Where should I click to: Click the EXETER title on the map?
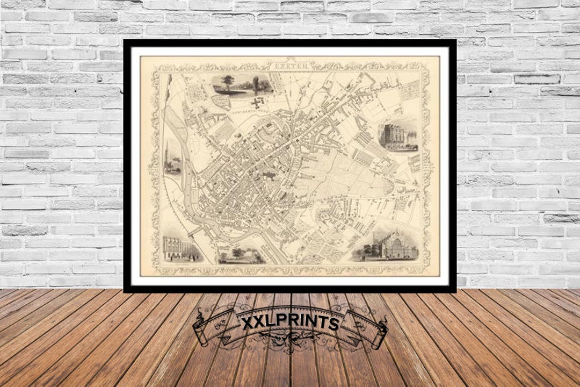(x=291, y=67)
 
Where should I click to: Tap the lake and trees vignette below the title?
(x=241, y=85)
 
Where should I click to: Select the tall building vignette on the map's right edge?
(x=398, y=137)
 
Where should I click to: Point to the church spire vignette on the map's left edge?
(x=171, y=159)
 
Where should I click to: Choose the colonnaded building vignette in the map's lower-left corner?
(x=181, y=249)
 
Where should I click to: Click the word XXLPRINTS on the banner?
(x=290, y=323)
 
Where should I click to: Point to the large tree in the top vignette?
(x=229, y=82)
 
